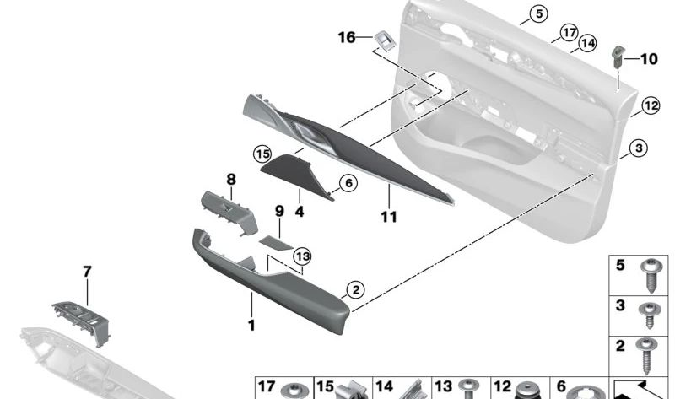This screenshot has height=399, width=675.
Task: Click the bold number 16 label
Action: point(347,37)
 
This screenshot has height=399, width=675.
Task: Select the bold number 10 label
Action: point(648,59)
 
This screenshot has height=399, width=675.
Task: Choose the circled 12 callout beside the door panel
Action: point(650,105)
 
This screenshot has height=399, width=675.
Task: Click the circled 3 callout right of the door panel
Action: point(639,148)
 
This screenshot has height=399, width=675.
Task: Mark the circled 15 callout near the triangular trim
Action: point(262,154)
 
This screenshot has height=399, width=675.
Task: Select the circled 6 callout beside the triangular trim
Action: point(347,182)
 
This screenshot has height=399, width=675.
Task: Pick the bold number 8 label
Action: point(230,179)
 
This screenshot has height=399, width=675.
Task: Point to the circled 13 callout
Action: point(301,256)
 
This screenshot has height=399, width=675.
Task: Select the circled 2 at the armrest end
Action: point(355,290)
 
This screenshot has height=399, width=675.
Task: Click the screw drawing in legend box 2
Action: point(648,353)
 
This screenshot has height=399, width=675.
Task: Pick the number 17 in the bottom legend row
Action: point(267,387)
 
